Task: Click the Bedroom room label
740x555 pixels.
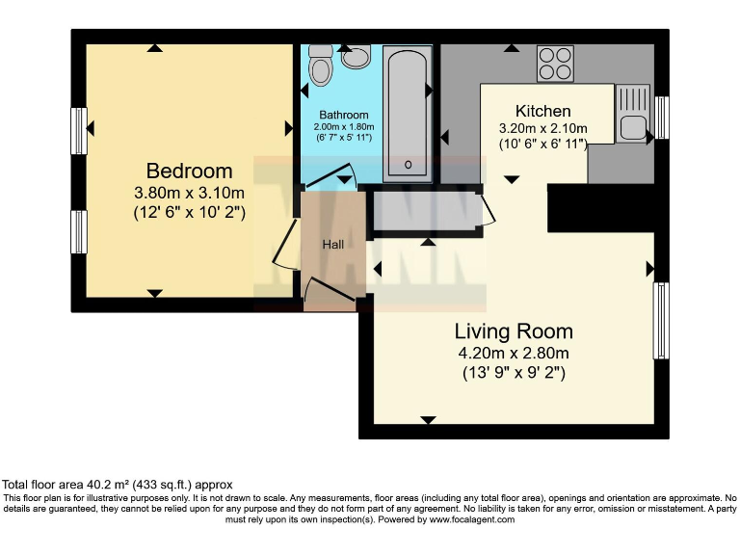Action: coord(189,171)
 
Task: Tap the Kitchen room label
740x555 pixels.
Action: coord(542,111)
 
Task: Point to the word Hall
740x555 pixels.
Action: coord(333,245)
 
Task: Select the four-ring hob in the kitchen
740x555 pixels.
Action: coord(555,64)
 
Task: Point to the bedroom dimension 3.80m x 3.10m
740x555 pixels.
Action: coord(189,193)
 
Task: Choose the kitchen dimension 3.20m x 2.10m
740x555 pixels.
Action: coord(542,128)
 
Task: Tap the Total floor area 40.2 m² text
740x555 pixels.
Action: coord(117,484)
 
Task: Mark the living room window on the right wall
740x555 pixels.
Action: coord(661,320)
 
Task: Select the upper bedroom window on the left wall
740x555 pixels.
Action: coord(78,129)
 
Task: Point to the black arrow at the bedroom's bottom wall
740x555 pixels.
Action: coord(154,292)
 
